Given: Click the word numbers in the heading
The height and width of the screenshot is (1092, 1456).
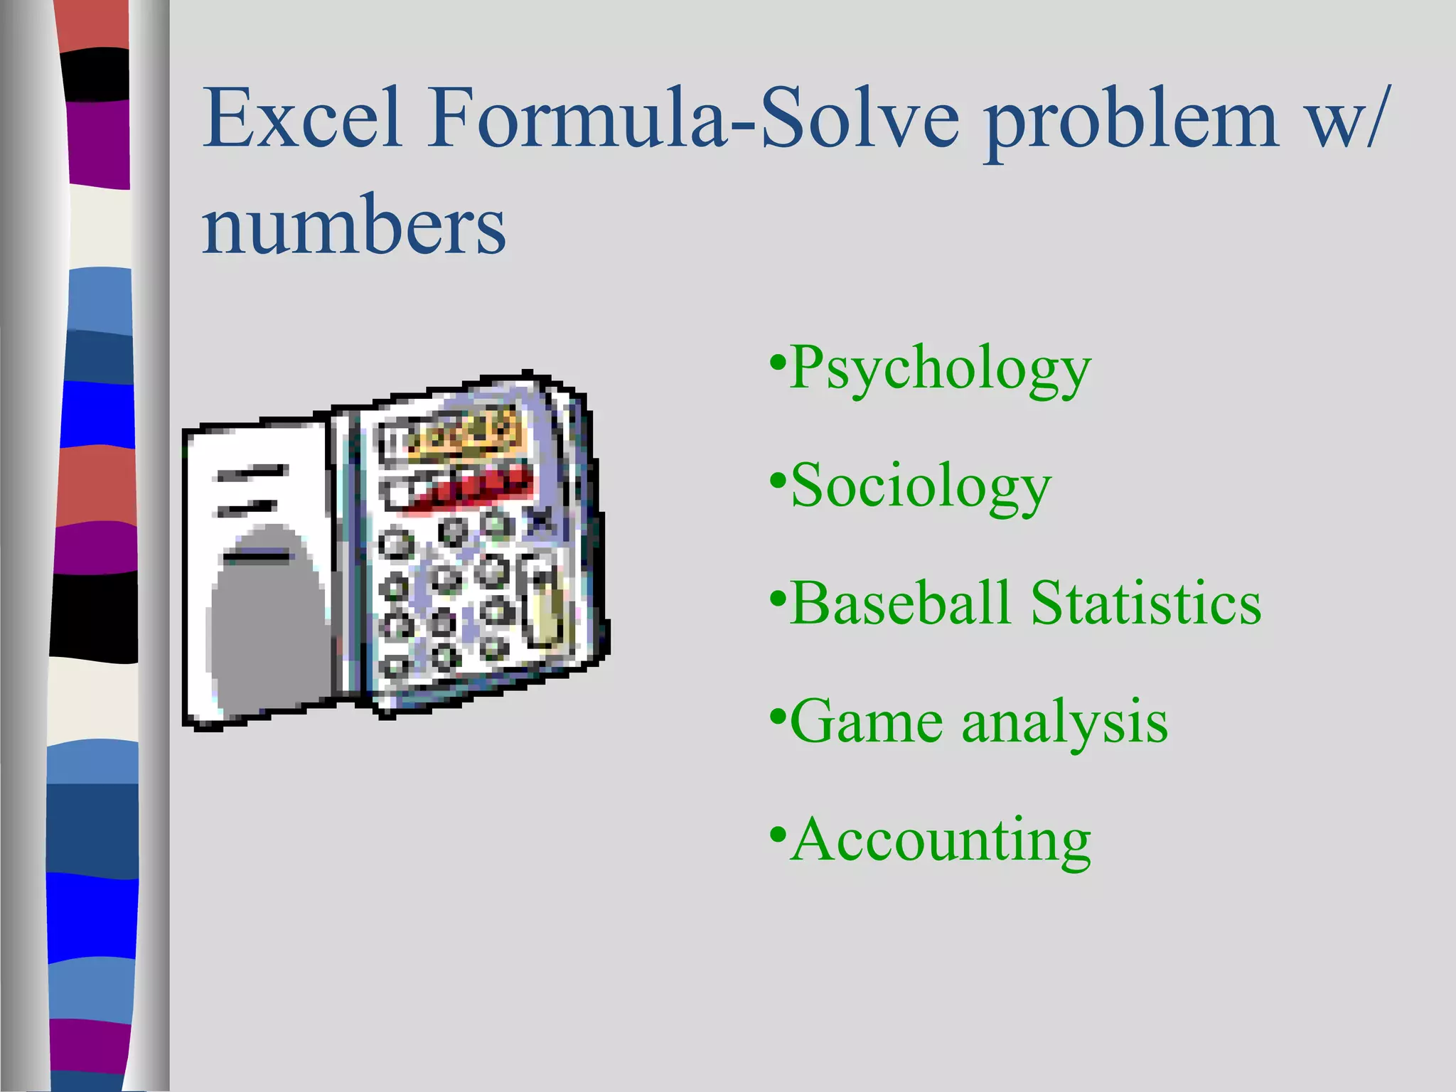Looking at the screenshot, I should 353,225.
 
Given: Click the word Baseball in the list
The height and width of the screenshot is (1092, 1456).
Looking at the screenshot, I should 900,603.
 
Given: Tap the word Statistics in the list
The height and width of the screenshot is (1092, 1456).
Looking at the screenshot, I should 1146,603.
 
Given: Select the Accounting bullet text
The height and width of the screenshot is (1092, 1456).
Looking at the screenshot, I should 940,841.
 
